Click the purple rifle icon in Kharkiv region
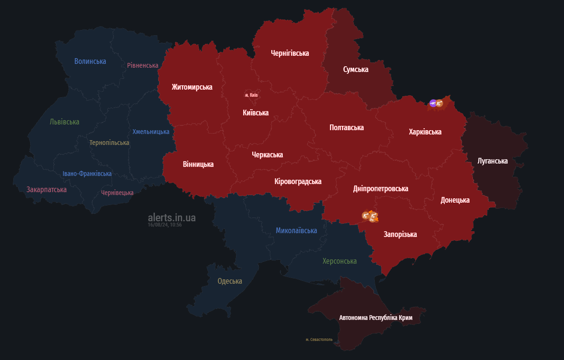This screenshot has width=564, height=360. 433,103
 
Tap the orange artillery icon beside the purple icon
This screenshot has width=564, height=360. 440,103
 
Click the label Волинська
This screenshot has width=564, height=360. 90,61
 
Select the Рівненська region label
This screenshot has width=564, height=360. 143,65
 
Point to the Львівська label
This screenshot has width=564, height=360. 64,122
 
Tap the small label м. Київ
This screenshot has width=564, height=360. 251,95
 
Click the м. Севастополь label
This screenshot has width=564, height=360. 319,339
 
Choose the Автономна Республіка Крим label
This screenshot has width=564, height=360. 376,317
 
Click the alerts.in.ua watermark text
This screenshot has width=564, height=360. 172,217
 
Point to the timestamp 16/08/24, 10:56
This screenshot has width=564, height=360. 164,225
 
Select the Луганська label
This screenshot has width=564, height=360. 492,161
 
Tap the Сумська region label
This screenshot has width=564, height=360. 356,69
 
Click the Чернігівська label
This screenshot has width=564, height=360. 290,53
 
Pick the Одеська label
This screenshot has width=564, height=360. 230,281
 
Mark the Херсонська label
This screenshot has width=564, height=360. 339,261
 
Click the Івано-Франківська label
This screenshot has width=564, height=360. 87,174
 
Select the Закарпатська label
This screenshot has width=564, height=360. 47,189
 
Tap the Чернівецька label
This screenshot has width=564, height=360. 117,193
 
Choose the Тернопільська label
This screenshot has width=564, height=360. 109,143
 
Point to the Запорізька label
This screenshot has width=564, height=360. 400,234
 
